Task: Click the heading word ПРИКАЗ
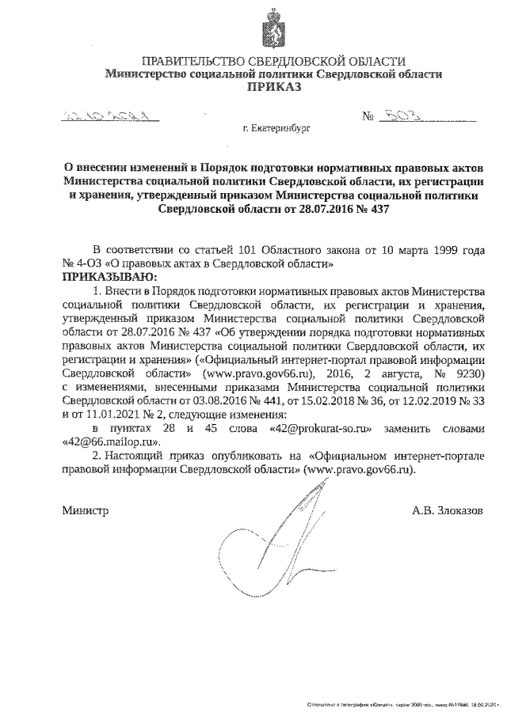tap(273, 89)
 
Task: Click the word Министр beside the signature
tap(85, 511)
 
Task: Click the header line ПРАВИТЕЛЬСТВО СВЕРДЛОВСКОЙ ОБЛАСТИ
tap(273, 62)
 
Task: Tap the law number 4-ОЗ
tap(89, 264)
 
